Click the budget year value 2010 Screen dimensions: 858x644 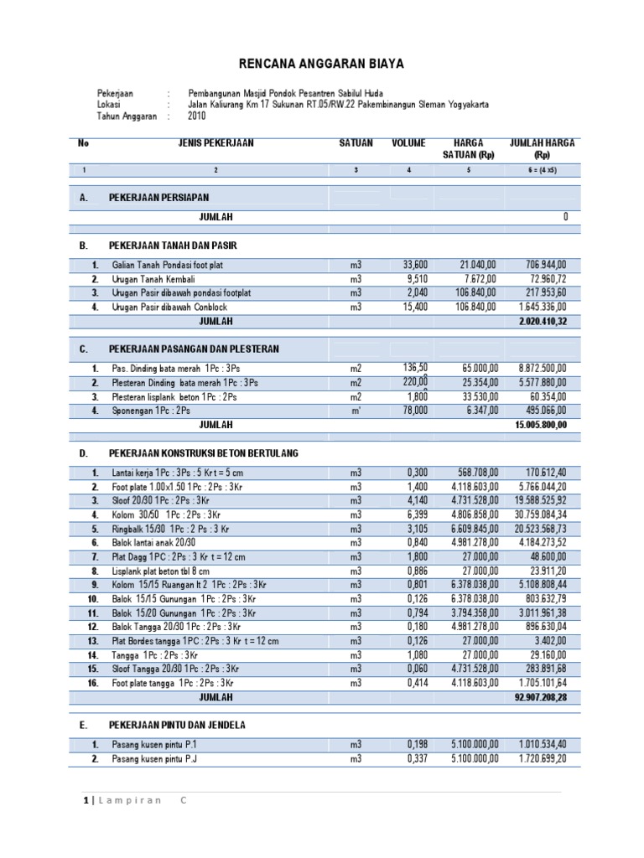[x=197, y=118]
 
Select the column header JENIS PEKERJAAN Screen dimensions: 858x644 [x=216, y=143]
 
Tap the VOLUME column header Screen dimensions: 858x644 [x=409, y=143]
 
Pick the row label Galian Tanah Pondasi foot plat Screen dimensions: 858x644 [x=168, y=266]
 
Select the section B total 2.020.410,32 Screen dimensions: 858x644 [x=543, y=321]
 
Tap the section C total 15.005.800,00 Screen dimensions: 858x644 [x=541, y=425]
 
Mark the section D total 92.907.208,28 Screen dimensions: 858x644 [x=541, y=696]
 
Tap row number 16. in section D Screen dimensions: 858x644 [x=94, y=683]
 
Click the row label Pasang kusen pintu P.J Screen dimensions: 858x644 [x=160, y=759]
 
